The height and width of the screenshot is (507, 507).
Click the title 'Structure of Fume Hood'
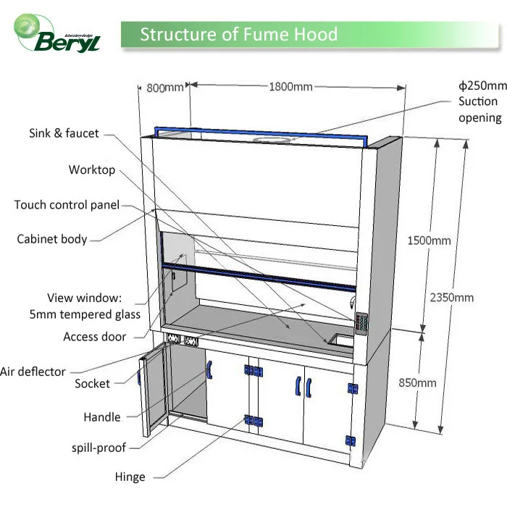point(238,35)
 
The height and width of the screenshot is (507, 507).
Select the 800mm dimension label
point(165,88)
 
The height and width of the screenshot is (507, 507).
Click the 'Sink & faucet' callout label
point(64,133)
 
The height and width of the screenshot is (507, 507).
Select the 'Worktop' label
point(92,169)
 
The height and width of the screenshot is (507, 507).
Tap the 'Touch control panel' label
point(67,205)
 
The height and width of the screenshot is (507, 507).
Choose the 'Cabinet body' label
point(52,239)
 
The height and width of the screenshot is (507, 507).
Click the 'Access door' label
point(95,337)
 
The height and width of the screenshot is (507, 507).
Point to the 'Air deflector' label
point(33,372)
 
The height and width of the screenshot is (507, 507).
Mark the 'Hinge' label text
point(130,477)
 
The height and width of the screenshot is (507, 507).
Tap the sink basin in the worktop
point(340,338)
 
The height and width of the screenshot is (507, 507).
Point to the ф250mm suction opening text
point(481,101)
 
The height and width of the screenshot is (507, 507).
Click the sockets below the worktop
point(182,339)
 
